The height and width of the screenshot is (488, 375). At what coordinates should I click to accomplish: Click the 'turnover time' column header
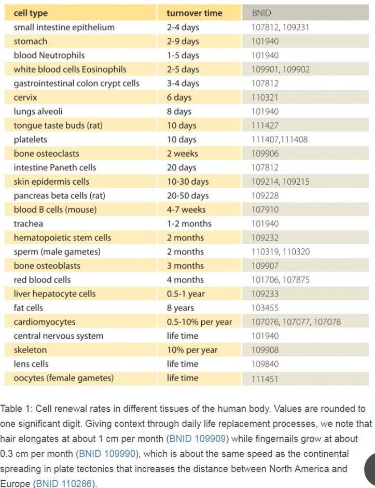tap(195, 13)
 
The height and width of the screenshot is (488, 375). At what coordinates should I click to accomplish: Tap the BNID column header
tap(261, 13)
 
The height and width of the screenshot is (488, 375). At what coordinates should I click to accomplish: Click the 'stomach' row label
tap(30, 41)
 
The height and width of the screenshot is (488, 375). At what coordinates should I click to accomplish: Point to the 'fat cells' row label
tap(29, 308)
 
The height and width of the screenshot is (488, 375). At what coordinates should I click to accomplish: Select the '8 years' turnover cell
tap(180, 308)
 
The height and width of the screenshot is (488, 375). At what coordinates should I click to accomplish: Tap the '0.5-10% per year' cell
tap(199, 322)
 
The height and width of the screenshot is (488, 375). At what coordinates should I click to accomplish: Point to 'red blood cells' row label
tap(42, 280)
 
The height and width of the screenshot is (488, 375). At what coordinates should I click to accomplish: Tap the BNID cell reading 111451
tap(265, 379)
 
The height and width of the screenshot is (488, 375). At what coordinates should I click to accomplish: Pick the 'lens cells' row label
tap(31, 364)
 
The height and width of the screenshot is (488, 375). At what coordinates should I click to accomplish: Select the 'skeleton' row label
tap(30, 350)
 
